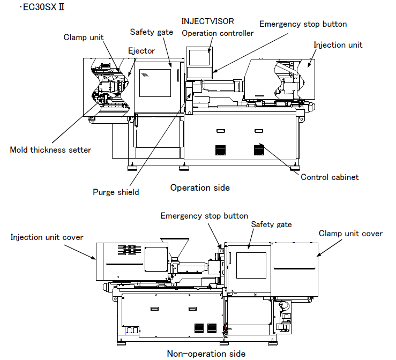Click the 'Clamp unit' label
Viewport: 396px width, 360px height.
(x=84, y=37)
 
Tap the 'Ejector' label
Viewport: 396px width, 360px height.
(x=141, y=51)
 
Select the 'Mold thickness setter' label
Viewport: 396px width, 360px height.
(x=50, y=149)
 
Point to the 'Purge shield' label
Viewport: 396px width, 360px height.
(x=115, y=192)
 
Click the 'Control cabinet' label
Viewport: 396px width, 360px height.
(x=330, y=177)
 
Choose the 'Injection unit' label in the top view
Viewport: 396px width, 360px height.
(x=338, y=44)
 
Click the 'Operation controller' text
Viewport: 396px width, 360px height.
(x=218, y=33)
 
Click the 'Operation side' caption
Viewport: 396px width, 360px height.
(x=200, y=187)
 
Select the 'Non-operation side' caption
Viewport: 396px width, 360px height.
(x=206, y=353)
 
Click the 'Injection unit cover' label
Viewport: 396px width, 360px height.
(x=47, y=237)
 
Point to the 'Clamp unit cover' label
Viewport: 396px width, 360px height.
(x=350, y=233)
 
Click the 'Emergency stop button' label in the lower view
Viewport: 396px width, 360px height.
(x=204, y=215)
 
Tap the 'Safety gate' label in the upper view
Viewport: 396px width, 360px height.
(x=152, y=32)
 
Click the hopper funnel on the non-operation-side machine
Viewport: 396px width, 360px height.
(x=177, y=247)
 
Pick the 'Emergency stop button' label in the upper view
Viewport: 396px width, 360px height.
(x=303, y=24)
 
